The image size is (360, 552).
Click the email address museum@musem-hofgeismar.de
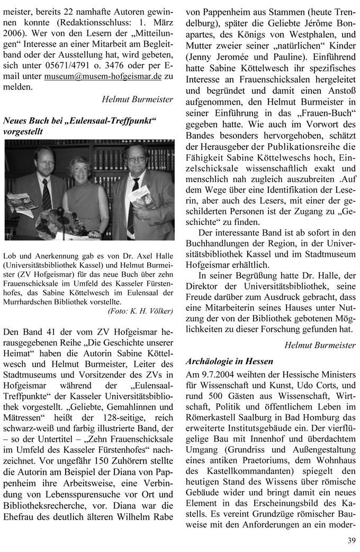pos(103,76)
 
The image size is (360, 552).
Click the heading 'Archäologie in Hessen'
pos(230,361)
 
